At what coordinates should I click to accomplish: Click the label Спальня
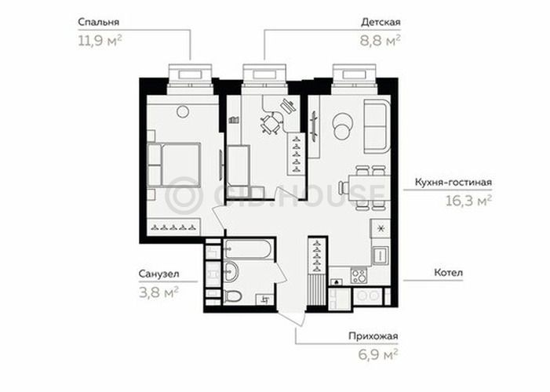99,23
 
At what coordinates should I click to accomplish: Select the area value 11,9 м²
100,41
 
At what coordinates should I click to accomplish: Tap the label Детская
381,23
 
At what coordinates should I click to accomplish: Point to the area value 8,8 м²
381,41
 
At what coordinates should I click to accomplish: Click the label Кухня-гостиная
453,183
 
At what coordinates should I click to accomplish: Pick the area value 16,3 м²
468,201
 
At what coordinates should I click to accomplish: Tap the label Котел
448,272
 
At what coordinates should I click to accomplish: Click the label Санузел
158,274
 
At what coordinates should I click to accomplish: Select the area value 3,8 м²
158,292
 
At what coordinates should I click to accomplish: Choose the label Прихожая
373,336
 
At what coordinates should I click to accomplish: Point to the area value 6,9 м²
377,354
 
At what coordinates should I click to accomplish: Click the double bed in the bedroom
174,165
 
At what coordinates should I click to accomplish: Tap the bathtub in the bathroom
248,249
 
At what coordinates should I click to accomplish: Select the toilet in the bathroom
232,296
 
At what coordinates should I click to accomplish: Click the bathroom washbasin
230,271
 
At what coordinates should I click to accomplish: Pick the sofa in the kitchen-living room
377,126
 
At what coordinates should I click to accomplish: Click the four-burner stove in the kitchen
359,275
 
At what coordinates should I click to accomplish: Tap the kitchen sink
381,255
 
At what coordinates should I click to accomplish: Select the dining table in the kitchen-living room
369,188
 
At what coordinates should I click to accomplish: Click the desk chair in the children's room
270,123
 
